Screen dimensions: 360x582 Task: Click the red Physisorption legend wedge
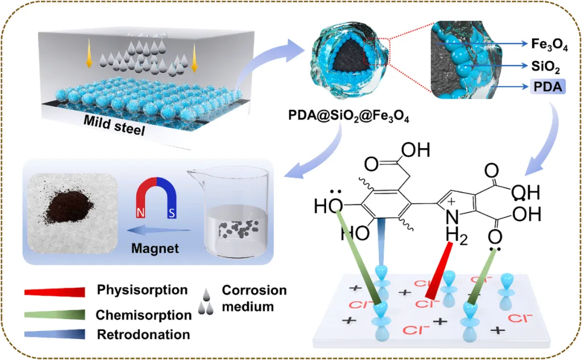coord(55,292)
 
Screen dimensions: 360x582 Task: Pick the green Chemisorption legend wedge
coord(55,314)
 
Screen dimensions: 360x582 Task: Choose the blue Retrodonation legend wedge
coord(55,334)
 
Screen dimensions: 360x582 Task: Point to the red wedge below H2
coord(439,269)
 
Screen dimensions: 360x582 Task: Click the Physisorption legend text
coord(142,290)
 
